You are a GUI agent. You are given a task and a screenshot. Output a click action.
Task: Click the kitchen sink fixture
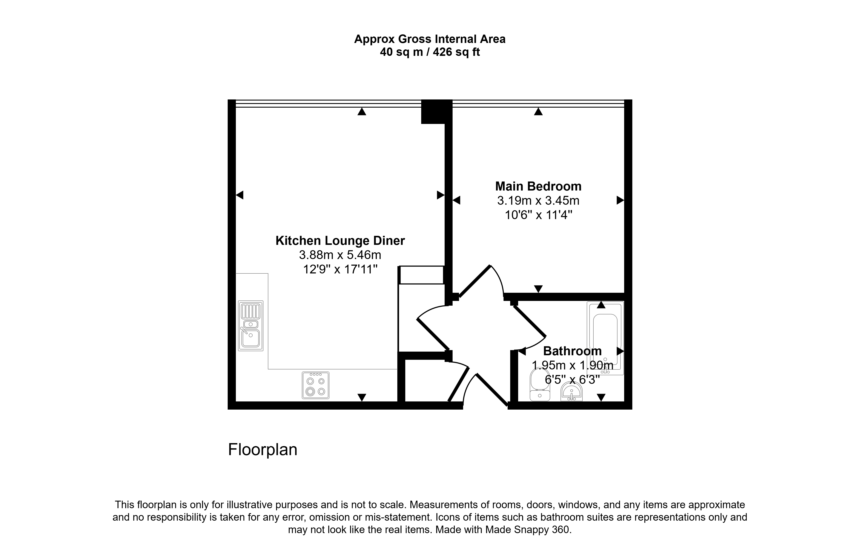pos(250,325)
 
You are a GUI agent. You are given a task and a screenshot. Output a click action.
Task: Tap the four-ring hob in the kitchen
pos(315,385)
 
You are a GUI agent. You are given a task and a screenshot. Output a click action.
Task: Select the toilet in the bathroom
pos(540,385)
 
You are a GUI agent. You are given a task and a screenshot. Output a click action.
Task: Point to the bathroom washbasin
pos(571,392)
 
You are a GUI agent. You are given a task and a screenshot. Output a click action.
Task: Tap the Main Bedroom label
pos(538,186)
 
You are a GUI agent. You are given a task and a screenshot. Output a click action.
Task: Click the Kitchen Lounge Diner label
pos(340,241)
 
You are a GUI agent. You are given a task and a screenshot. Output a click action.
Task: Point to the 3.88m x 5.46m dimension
pos(340,255)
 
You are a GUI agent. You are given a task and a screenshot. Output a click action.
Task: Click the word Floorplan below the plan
pos(263,450)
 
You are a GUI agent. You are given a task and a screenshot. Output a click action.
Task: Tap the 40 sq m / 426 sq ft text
pos(430,52)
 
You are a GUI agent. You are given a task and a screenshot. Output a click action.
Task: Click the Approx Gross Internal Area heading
pos(430,39)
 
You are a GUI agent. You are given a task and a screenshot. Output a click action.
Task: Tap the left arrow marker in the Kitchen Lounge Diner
pos(240,195)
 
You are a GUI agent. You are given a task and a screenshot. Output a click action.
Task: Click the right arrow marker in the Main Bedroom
pos(620,200)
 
